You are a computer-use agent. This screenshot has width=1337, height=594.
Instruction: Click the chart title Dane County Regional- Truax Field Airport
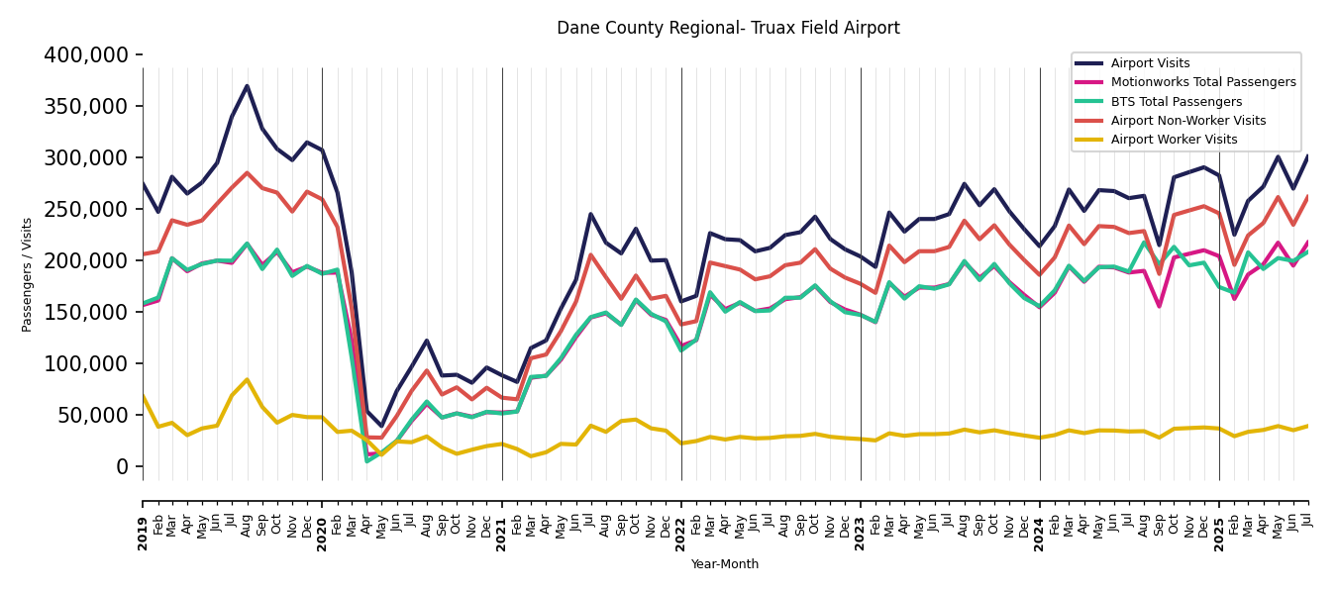(728, 29)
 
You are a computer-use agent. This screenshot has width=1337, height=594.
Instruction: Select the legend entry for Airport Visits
(1150, 63)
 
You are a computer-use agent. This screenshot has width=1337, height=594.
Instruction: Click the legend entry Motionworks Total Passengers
(1202, 82)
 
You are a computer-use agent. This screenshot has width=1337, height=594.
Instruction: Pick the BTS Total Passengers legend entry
(1176, 102)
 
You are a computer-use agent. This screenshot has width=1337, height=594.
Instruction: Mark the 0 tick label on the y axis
(123, 467)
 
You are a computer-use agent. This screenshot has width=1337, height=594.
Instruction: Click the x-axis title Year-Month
(725, 564)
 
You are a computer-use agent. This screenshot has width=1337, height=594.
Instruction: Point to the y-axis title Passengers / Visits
(28, 274)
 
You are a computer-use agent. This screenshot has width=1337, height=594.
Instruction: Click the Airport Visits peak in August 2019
(247, 86)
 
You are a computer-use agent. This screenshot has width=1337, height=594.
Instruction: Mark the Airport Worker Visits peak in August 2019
(247, 379)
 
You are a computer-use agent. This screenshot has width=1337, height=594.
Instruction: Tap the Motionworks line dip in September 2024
(1159, 306)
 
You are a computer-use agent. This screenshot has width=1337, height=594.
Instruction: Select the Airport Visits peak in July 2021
(591, 214)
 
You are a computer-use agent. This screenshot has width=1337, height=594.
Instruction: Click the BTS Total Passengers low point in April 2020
(366, 460)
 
